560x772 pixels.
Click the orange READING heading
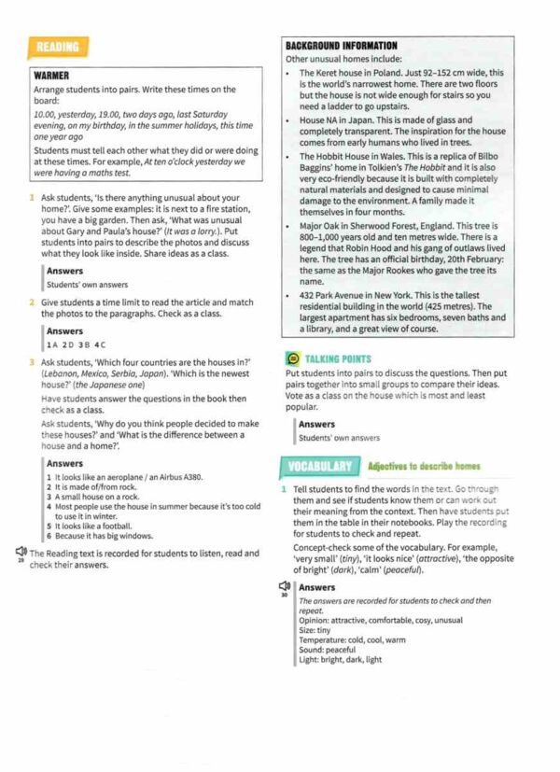tap(57, 47)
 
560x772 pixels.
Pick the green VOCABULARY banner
tap(319, 467)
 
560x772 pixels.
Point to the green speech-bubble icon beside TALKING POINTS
tap(291, 358)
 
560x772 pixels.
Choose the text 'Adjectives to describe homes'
tap(424, 466)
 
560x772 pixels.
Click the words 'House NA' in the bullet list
tap(320, 120)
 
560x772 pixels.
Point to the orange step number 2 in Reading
tap(32, 302)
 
